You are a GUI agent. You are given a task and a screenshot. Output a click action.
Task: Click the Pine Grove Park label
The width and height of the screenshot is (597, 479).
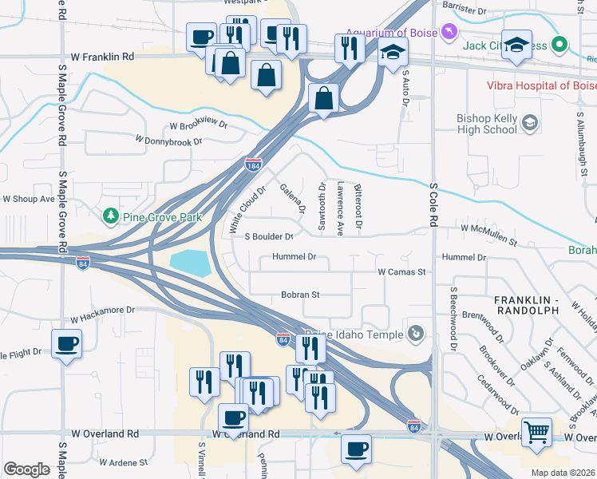162,216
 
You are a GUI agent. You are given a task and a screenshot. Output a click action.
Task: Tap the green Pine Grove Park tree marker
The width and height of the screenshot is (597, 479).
110,216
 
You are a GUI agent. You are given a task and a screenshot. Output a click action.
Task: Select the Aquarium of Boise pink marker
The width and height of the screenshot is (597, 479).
450,32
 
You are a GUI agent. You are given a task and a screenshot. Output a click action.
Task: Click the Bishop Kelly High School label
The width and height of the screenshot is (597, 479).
487,124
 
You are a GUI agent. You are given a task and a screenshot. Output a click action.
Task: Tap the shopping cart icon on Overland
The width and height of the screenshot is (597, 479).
536,433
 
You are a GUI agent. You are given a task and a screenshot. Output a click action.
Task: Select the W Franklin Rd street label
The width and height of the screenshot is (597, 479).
102,57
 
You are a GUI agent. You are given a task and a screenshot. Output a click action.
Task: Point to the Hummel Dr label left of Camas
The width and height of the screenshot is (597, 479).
295,257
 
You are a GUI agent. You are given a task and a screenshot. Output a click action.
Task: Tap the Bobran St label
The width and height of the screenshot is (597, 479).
300,295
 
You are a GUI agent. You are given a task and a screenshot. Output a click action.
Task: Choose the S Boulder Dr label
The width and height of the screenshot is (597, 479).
269,236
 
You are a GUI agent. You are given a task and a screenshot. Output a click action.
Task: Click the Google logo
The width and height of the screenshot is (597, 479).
26,469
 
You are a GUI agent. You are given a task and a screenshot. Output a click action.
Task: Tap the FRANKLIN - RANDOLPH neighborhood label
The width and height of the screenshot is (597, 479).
533,304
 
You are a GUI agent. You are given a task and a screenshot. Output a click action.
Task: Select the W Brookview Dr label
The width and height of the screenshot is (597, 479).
198,125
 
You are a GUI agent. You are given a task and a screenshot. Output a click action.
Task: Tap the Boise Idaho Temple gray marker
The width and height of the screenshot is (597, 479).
415,333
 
